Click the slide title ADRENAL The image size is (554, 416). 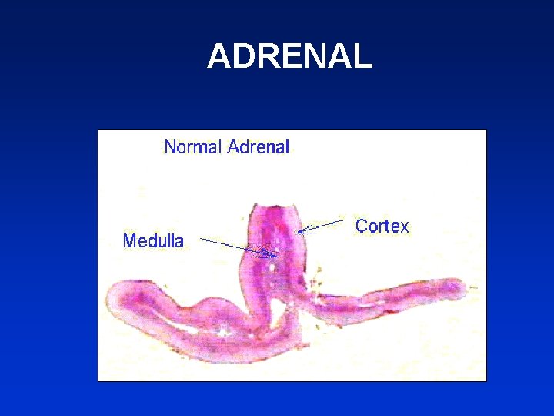pyautogui.click(x=289, y=56)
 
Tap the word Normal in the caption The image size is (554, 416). pyautogui.click(x=193, y=146)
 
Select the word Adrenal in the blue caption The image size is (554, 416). pyautogui.click(x=258, y=146)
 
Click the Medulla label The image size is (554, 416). pyautogui.click(x=153, y=241)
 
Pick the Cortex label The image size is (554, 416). pyautogui.click(x=382, y=226)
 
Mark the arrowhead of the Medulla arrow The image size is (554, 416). pyautogui.click(x=275, y=255)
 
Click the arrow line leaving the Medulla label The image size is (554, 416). pyautogui.click(x=231, y=244)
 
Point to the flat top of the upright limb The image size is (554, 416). pyautogui.click(x=272, y=208)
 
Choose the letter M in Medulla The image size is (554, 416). pyautogui.click(x=130, y=241)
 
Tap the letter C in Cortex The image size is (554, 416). pyautogui.click(x=361, y=226)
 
